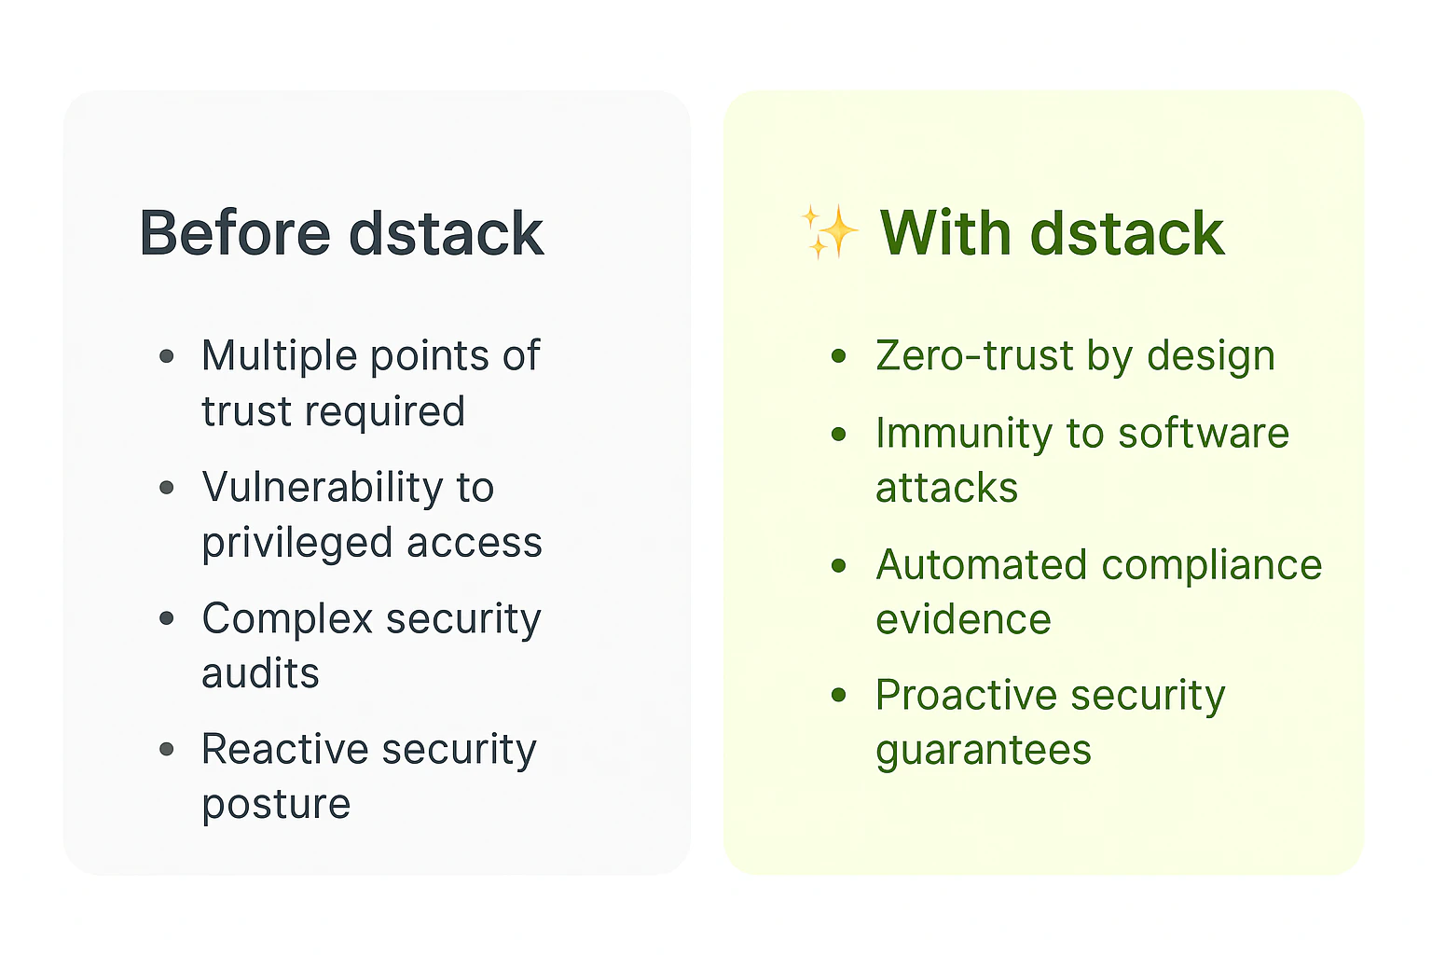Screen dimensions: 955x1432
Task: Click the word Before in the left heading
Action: pos(235,233)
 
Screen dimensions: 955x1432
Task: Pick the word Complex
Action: pos(287,618)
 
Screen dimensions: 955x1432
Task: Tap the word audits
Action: pos(260,673)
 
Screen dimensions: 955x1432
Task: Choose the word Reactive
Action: pos(285,749)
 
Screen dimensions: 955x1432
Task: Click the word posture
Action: pos(276,805)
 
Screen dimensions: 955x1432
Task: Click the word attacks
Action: pos(946,489)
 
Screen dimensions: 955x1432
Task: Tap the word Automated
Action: pos(981,565)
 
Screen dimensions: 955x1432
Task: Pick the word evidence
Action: pos(963,620)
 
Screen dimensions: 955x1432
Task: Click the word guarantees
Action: pos(983,751)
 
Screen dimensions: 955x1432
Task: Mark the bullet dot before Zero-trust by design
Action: pos(839,356)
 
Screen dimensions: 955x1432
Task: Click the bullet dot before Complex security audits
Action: pos(167,618)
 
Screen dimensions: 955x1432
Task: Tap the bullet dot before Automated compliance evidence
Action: pos(839,565)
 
